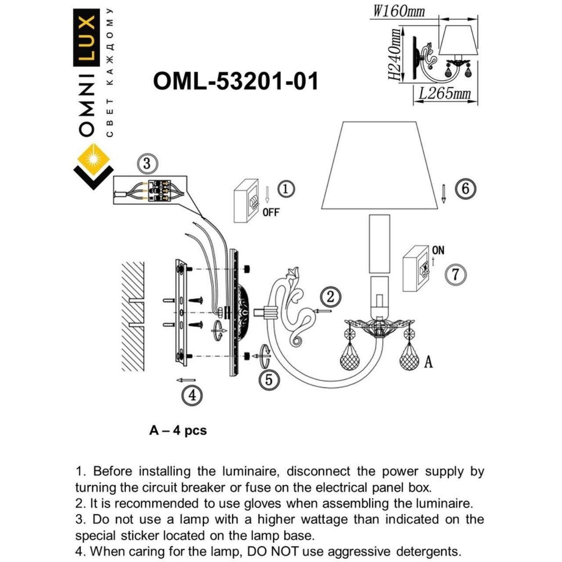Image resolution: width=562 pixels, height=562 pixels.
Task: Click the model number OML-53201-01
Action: (x=235, y=81)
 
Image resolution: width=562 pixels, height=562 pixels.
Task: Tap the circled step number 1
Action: (x=286, y=189)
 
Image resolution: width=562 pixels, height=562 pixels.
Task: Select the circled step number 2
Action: (x=330, y=297)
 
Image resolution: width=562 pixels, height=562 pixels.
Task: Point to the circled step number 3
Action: (x=147, y=164)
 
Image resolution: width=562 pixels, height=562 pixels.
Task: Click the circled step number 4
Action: (x=192, y=395)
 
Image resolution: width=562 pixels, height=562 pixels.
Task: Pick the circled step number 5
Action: (x=269, y=380)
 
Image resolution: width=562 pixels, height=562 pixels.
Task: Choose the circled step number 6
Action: (x=465, y=189)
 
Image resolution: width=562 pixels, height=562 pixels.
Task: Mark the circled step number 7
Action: (x=455, y=275)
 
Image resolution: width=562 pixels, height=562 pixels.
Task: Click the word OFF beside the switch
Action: (x=271, y=213)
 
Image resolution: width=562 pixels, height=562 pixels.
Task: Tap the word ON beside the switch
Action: (x=438, y=250)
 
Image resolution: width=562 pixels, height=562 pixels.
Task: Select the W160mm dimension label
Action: (x=399, y=11)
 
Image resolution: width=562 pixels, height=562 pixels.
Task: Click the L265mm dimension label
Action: (x=444, y=94)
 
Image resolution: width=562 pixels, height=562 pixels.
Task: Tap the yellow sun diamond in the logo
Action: (x=94, y=158)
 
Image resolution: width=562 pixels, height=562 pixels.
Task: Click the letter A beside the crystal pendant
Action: (x=428, y=362)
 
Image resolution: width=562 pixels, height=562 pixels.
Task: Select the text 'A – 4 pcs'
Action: (x=178, y=430)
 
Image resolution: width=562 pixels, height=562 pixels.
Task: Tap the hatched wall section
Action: (x=133, y=316)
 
